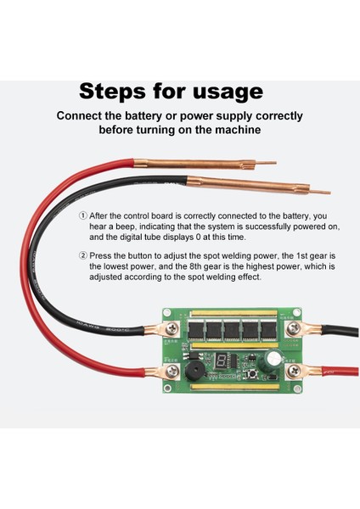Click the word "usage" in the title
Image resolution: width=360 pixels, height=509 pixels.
coord(228,92)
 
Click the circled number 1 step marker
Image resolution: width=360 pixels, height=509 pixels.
coord(83,215)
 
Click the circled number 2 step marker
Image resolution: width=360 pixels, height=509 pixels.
coord(83,256)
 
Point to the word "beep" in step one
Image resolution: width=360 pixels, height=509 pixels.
coord(126,227)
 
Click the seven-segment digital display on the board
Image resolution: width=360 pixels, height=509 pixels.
coord(220,361)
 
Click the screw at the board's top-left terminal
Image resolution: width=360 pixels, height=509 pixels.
coord(172,329)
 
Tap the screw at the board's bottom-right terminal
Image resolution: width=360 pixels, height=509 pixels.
coord(295,371)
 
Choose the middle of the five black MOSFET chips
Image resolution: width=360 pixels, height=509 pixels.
coord(233,331)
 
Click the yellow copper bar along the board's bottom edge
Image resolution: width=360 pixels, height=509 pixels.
coord(234,386)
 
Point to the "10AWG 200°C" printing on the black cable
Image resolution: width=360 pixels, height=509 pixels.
coord(103,327)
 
